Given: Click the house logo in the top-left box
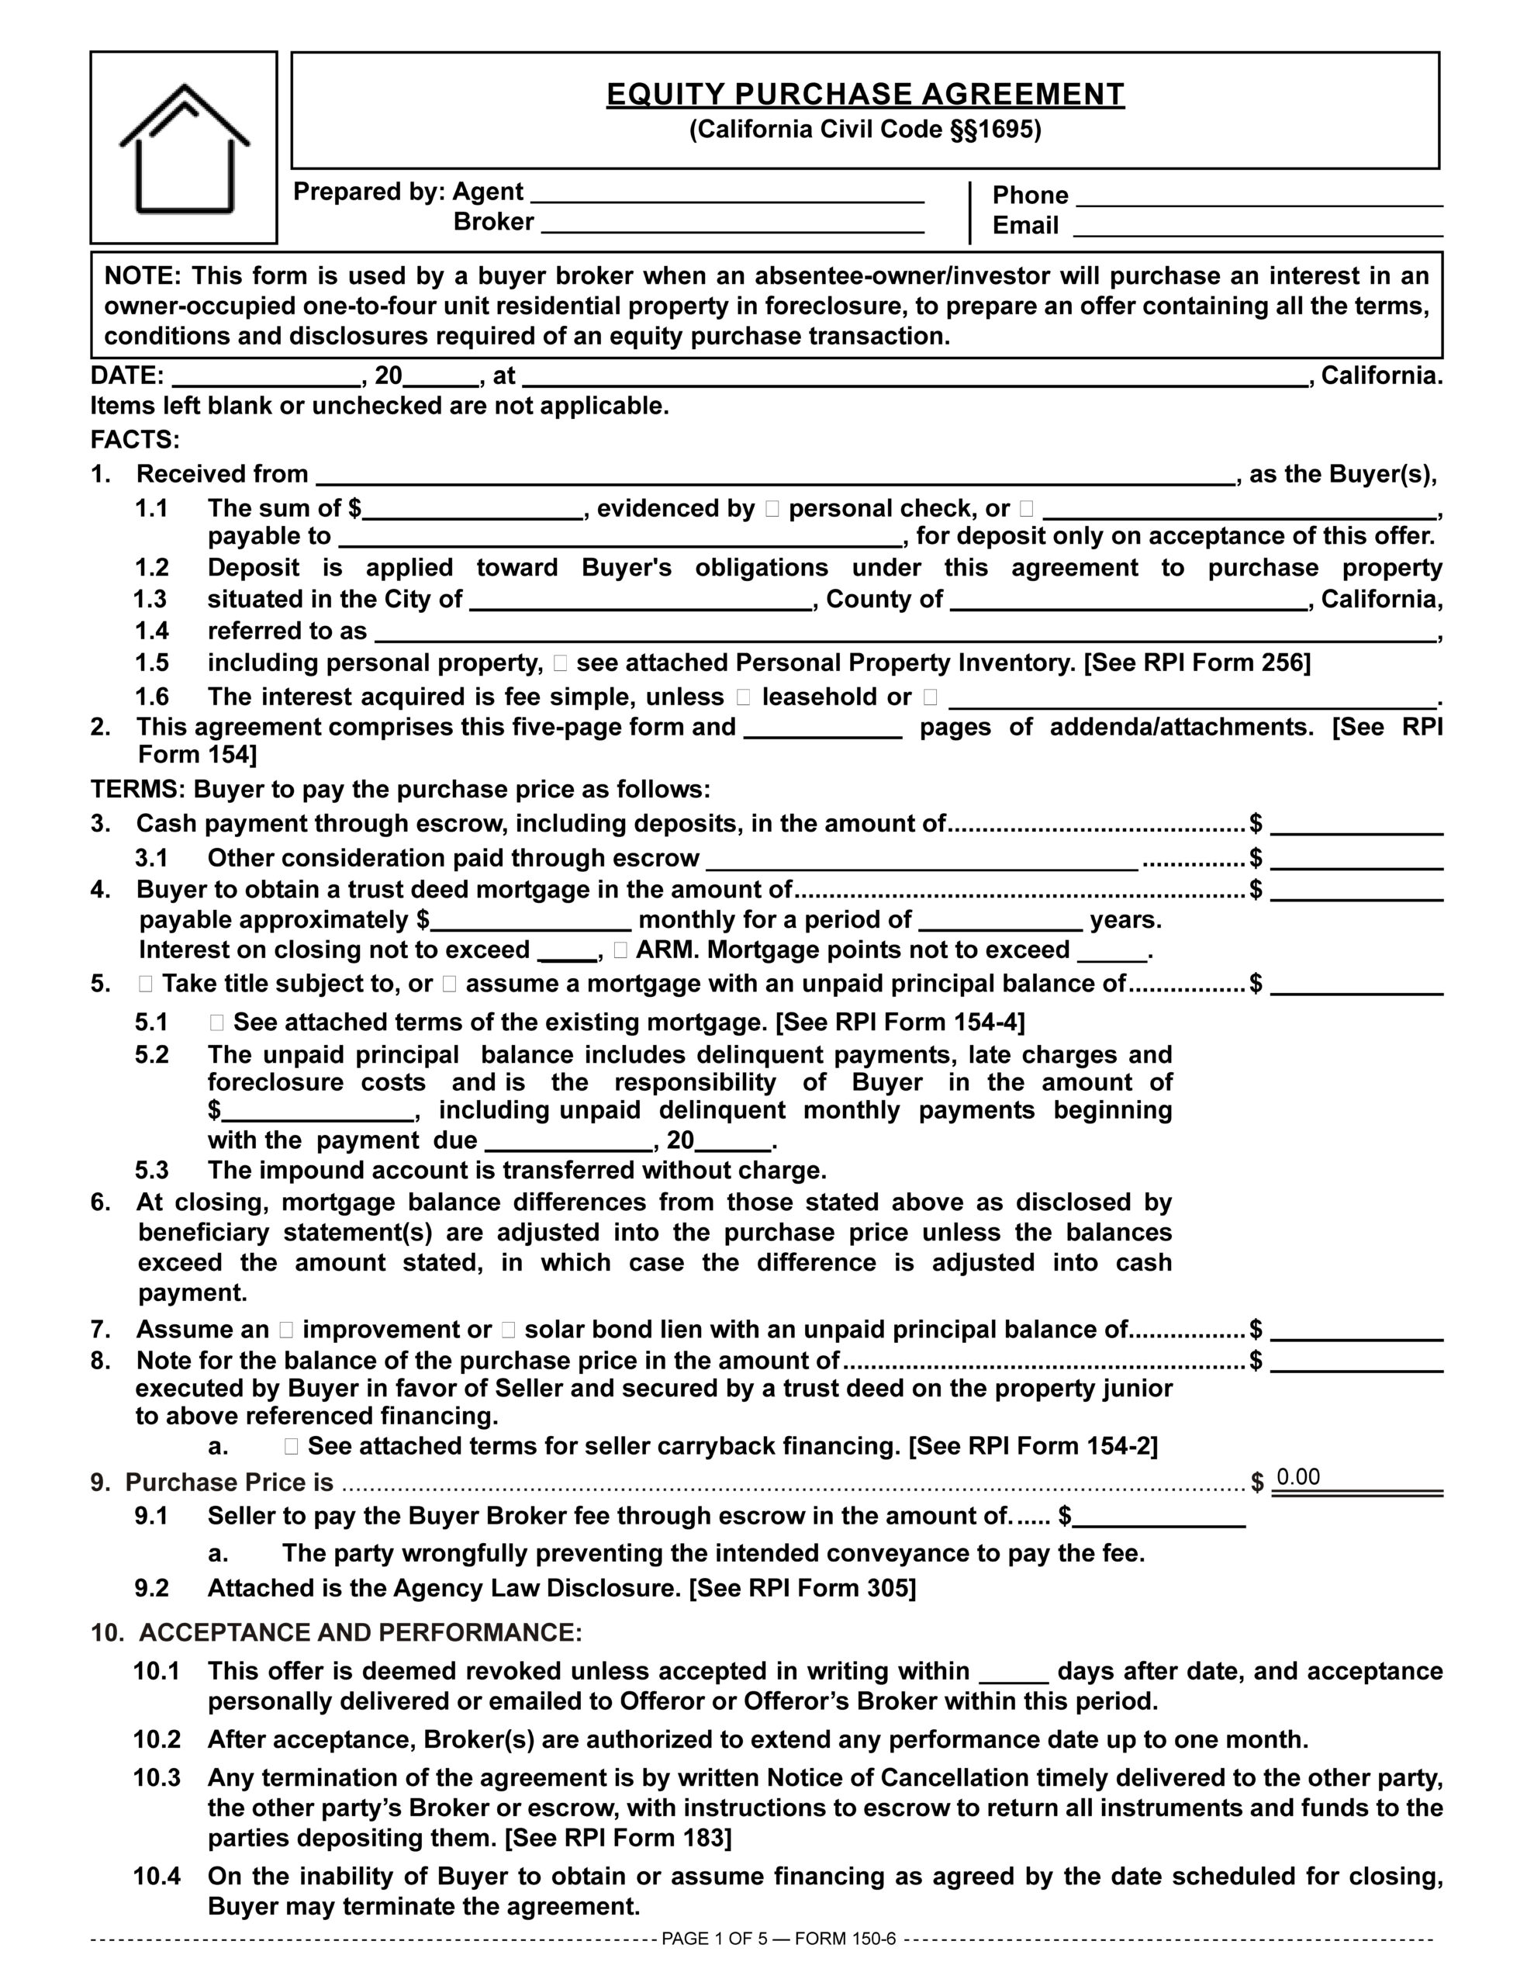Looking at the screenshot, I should point(185,148).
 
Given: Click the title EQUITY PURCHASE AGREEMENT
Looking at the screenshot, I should point(865,95).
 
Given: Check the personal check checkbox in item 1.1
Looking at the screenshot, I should point(772,509).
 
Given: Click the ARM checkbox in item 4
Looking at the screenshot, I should point(620,950).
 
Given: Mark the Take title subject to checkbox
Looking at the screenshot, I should point(146,984).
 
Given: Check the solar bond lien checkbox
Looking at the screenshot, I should point(508,1330).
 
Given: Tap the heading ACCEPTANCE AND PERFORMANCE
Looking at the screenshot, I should point(360,1632).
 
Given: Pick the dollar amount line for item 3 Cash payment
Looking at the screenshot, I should point(1356,825).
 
